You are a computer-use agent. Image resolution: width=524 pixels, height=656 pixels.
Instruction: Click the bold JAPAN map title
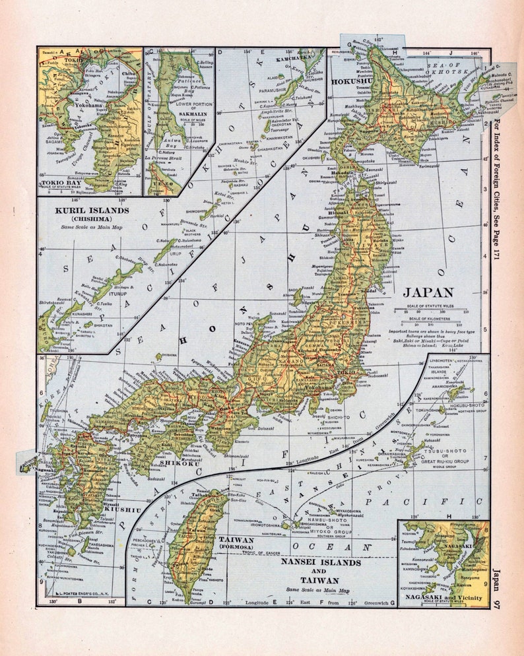pos(428,292)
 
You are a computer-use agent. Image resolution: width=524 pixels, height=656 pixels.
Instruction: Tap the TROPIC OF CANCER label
pos(255,552)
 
